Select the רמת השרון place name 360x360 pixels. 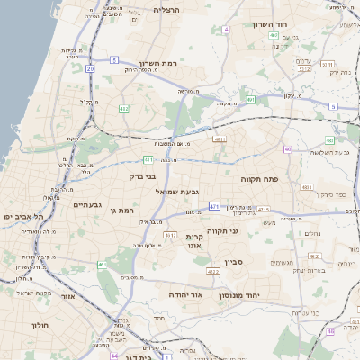coord(161,65)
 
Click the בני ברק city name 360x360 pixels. coord(144,176)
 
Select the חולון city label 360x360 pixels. coord(41,324)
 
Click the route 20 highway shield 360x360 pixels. coord(90,68)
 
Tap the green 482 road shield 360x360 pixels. coord(123,108)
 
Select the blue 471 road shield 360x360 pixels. coord(214,207)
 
